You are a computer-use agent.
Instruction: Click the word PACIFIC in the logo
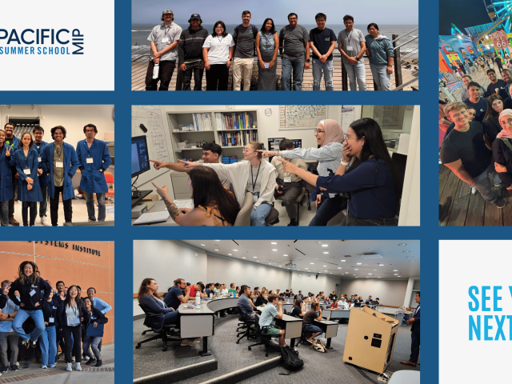pyautogui.click(x=35, y=36)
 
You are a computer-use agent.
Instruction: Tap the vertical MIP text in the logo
pyautogui.click(x=78, y=42)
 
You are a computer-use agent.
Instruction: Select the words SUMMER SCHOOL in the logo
pyautogui.click(x=37, y=50)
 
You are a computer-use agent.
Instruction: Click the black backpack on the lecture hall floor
pyautogui.click(x=290, y=357)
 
